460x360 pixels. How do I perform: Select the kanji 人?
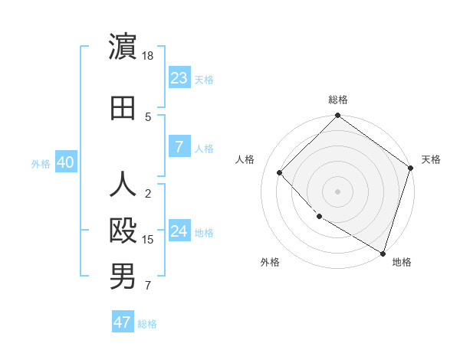click(x=123, y=185)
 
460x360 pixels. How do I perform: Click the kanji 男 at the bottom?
click(x=123, y=277)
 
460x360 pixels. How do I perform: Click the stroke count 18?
click(x=149, y=56)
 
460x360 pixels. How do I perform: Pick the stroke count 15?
click(x=149, y=240)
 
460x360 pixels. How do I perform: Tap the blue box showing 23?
click(x=179, y=77)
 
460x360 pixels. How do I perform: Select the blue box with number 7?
click(x=179, y=147)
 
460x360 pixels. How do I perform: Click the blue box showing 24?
click(x=179, y=231)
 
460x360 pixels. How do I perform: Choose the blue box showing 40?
click(x=65, y=162)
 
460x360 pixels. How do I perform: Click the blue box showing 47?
click(x=122, y=322)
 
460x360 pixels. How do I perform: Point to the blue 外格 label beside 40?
click(x=41, y=163)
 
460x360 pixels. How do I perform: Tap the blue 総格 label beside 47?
click(x=147, y=324)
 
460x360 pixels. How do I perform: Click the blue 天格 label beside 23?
click(x=204, y=79)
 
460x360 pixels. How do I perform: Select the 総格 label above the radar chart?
click(x=338, y=100)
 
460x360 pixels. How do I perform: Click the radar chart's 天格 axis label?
click(x=431, y=159)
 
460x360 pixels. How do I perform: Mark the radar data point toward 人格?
click(x=280, y=173)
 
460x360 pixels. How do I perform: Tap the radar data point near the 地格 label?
click(x=383, y=252)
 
